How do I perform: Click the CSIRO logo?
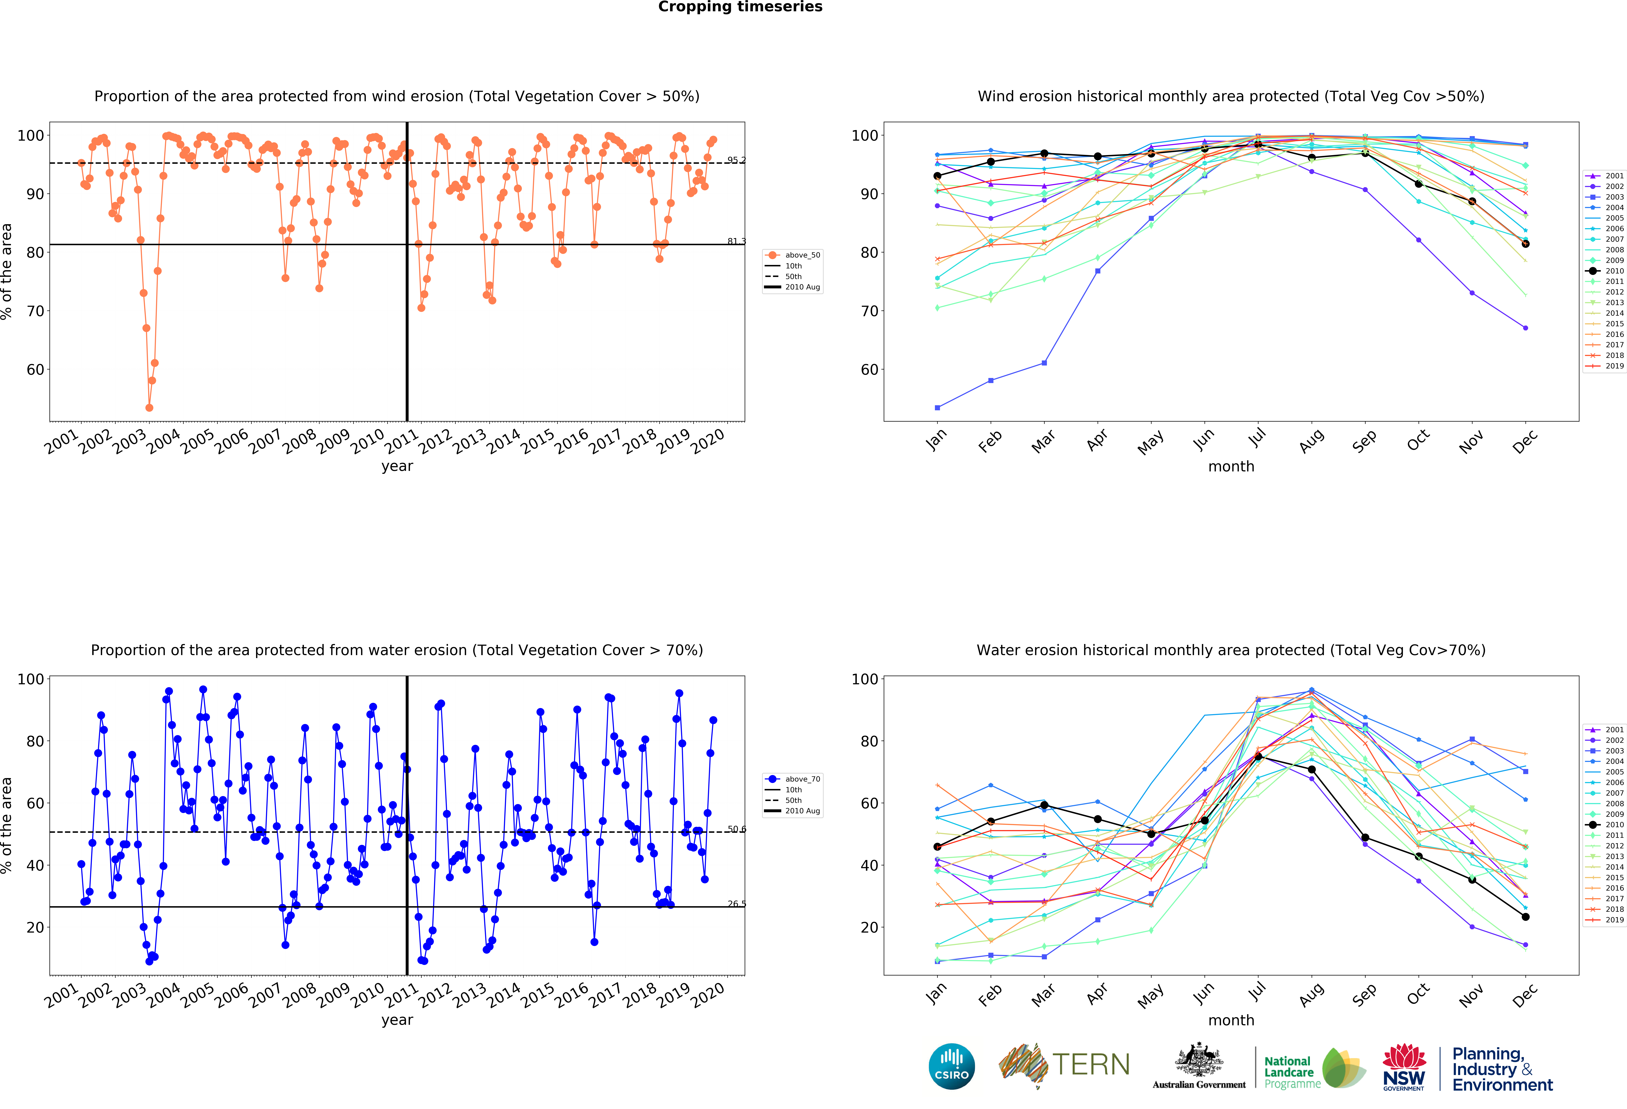(951, 1066)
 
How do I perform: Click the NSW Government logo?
(1404, 1068)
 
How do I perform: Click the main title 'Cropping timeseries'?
(740, 7)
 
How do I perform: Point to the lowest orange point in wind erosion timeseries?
(149, 408)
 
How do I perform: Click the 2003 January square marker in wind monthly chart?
(937, 408)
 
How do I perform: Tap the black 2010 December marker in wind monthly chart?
(1525, 244)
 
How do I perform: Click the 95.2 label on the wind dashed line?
(736, 160)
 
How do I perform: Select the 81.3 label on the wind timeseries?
(736, 242)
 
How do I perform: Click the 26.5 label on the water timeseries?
(736, 904)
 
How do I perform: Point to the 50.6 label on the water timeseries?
(736, 830)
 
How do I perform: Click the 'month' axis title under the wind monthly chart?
(1231, 466)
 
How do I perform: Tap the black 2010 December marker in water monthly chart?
(1525, 916)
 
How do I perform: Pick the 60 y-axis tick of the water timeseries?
(35, 803)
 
